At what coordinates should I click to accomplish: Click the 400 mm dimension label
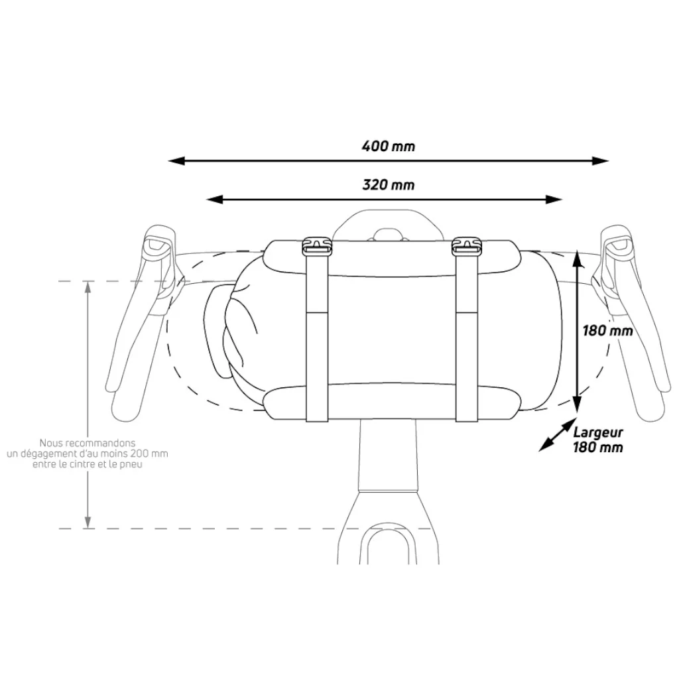click(389, 146)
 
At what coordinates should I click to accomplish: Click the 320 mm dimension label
click(389, 185)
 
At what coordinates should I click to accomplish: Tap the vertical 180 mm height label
click(607, 331)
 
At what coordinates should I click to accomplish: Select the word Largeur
click(598, 432)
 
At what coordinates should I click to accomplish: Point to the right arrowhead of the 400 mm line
click(601, 161)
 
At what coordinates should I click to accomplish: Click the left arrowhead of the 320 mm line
click(214, 200)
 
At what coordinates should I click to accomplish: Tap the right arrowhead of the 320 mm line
click(554, 200)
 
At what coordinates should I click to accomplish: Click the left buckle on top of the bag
click(316, 245)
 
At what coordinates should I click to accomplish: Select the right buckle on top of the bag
click(466, 245)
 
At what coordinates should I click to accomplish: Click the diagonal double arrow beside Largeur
click(557, 435)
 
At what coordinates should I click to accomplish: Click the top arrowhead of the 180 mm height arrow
click(576, 259)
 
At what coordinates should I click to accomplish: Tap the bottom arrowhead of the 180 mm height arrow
click(576, 404)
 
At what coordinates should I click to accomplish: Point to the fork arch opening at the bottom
click(388, 546)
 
